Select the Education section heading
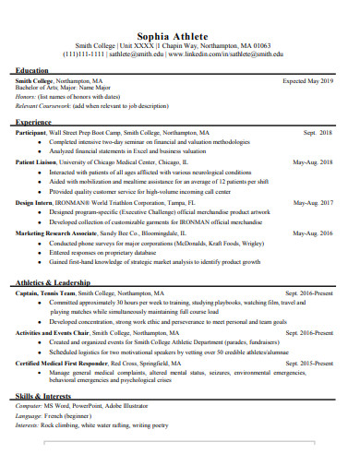(x=32, y=70)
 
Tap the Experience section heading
(x=34, y=122)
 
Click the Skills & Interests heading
(x=45, y=396)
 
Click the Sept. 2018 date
(x=317, y=133)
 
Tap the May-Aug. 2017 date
(x=312, y=202)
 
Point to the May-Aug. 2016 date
(x=312, y=233)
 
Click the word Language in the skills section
(x=30, y=417)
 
